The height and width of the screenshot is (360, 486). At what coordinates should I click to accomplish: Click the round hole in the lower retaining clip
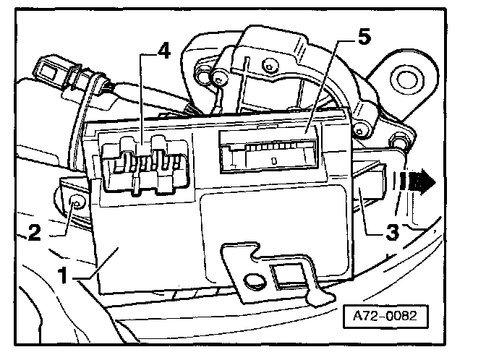pyautogui.click(x=254, y=281)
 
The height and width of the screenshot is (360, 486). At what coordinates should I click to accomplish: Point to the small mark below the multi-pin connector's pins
pyautogui.click(x=274, y=158)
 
